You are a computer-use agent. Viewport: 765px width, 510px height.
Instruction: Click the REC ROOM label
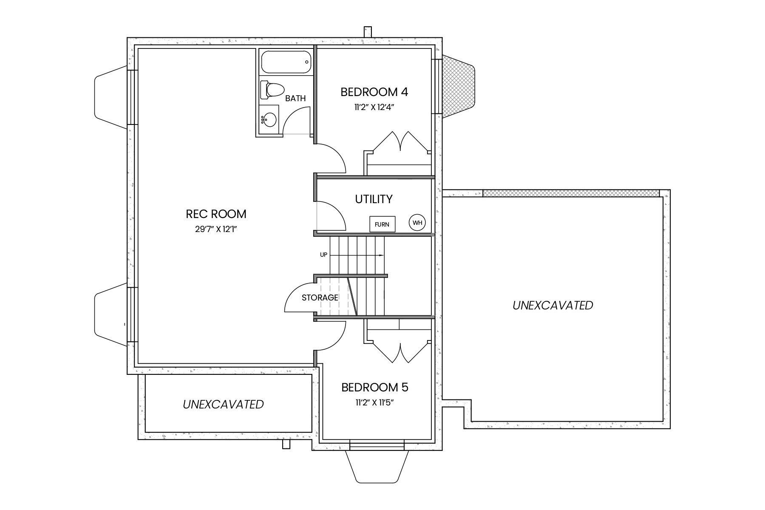click(x=216, y=214)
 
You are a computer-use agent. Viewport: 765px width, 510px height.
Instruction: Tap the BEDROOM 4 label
click(x=374, y=92)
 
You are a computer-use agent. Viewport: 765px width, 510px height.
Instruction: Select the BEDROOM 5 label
click(x=375, y=388)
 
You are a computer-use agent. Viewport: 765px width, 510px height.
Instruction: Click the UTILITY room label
click(x=374, y=199)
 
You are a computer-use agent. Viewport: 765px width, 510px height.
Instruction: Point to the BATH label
click(x=295, y=99)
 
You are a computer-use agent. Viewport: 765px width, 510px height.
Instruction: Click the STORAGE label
click(x=320, y=298)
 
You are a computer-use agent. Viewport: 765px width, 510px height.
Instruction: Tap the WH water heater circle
click(x=417, y=222)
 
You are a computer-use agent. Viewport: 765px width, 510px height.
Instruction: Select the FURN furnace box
click(x=382, y=224)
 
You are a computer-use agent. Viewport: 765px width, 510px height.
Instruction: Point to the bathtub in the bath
click(x=286, y=62)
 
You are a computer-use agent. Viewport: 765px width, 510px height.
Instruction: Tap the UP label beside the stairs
click(x=324, y=255)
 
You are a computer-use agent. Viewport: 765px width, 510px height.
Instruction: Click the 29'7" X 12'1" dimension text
click(x=216, y=229)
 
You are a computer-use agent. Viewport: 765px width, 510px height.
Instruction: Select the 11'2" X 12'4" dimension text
click(x=375, y=108)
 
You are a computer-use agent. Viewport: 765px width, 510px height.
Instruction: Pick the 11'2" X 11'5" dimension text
click(x=375, y=403)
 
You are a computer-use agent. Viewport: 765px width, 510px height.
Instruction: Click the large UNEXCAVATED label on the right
click(x=552, y=305)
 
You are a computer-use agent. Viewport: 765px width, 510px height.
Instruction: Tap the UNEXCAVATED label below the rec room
click(x=223, y=404)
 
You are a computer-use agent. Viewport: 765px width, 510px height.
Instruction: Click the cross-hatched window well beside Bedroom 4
click(x=458, y=87)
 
